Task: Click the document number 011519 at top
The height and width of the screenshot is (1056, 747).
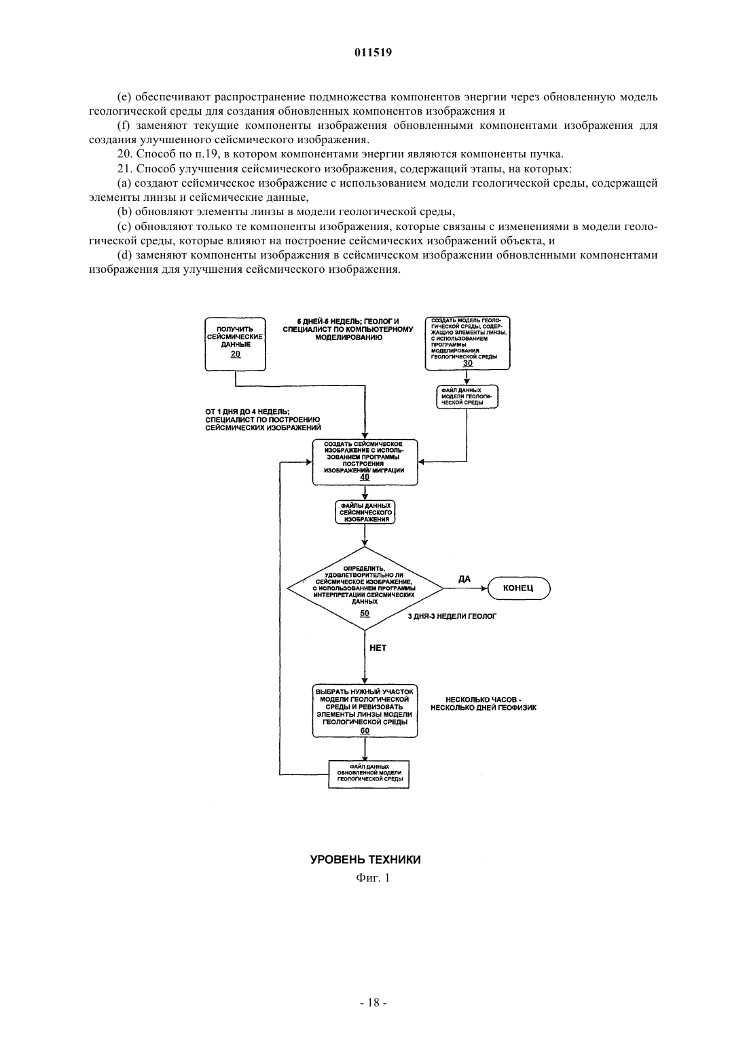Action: coord(373,53)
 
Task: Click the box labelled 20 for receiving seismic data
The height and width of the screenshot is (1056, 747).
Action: coord(236,343)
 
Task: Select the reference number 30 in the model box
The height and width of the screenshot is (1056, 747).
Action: coord(467,363)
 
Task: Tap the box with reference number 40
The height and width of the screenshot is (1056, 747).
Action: coord(365,462)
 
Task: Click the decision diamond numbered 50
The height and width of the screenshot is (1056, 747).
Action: coord(365,588)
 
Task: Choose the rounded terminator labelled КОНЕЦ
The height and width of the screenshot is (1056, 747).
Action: coord(519,588)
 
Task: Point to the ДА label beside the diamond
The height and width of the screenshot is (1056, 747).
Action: coord(464,579)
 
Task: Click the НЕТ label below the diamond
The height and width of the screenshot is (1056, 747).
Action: coord(378,647)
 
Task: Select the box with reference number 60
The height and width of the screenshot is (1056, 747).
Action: coord(365,711)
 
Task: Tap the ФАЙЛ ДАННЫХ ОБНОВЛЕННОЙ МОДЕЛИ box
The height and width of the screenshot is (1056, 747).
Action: coord(369,774)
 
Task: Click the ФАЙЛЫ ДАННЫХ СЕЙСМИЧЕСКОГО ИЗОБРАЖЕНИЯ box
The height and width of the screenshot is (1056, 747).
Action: coord(365,512)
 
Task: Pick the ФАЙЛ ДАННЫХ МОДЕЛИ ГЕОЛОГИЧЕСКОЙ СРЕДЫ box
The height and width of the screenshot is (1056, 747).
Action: coord(467,396)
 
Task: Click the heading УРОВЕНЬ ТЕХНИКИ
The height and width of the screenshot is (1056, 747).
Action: coord(365,859)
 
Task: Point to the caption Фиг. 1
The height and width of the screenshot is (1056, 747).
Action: coord(373,878)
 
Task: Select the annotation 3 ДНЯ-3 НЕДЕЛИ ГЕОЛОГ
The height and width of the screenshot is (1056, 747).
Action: coord(452,616)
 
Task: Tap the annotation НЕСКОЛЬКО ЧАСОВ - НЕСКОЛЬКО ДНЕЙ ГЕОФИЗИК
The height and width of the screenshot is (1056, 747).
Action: coord(484,704)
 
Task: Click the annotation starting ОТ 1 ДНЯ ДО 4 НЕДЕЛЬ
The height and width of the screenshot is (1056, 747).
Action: coord(263,419)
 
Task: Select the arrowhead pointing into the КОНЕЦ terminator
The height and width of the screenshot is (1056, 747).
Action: coord(484,588)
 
